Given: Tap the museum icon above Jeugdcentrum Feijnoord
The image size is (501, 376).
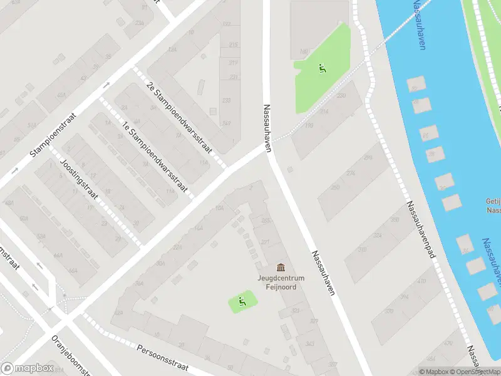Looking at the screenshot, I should point(280,268).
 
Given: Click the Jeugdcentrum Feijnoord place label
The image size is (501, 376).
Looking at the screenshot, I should point(276,283).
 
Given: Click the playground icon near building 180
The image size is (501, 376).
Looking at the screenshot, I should point(323,68).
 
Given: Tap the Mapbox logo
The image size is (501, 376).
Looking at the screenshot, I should point(26,368).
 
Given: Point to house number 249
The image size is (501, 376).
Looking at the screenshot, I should point(226,123).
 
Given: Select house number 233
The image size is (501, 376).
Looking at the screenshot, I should point(226,100).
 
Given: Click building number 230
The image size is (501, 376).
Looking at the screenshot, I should point(341,96).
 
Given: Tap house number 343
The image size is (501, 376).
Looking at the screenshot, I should point(309,343).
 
